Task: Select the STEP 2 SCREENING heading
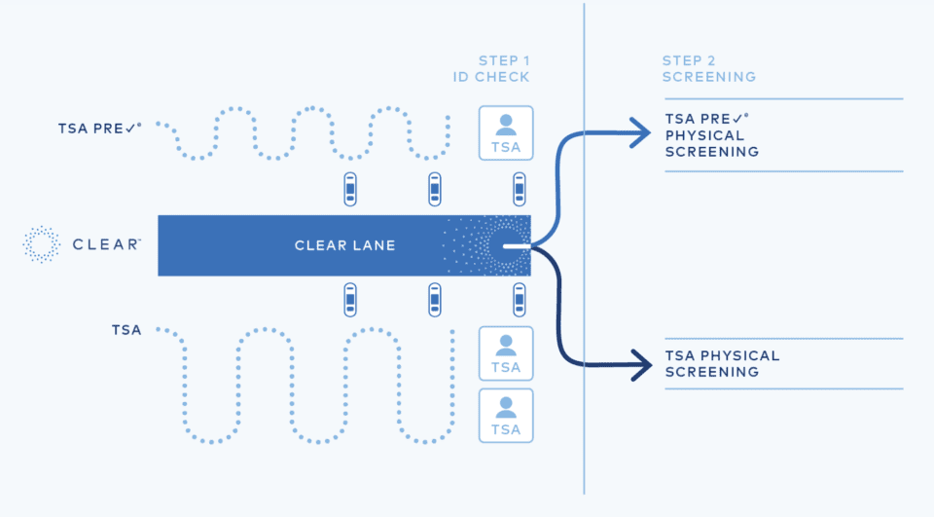coord(708,68)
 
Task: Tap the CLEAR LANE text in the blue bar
coord(344,245)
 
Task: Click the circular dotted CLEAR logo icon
coord(42,244)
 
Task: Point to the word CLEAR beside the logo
coord(107,244)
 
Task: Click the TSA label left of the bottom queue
coord(126,330)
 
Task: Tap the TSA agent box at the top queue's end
coord(506,132)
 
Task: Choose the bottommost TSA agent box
coord(506,416)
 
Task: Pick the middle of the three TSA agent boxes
coord(506,353)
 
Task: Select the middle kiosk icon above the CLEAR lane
coord(435,189)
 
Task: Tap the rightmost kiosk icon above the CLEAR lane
coord(520,189)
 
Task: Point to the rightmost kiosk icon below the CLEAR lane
coord(520,300)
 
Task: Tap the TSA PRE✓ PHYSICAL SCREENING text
coord(712,135)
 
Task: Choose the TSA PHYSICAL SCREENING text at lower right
coord(722,364)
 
